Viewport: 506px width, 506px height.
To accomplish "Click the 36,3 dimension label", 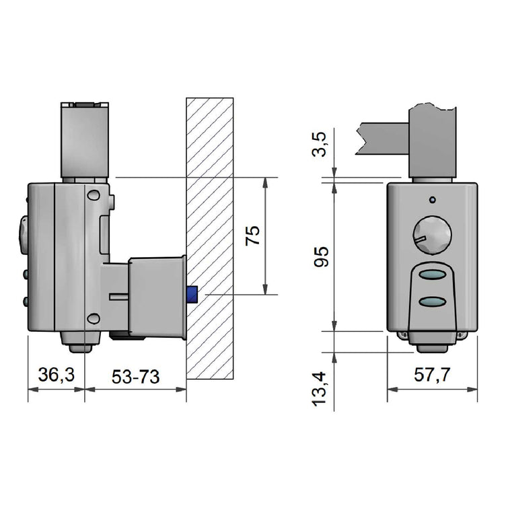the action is [57, 374].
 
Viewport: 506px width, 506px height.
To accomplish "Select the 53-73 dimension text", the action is [135, 377].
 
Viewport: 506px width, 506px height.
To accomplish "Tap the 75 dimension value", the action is [252, 236].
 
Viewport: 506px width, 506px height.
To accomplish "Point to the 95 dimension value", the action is [322, 256].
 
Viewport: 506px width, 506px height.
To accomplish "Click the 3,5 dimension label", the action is [320, 144].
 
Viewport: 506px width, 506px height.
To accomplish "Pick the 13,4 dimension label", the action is [319, 389].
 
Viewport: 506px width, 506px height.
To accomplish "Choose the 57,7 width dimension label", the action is [432, 375].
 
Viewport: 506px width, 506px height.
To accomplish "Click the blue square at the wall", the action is [192, 295].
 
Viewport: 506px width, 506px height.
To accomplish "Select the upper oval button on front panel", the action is [433, 275].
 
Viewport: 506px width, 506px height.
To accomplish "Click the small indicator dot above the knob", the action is [433, 200].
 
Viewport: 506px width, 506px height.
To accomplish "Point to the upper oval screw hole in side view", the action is [94, 195].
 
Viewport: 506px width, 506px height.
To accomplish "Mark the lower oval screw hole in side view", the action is [94, 318].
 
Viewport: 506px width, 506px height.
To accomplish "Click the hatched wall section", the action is [210, 238].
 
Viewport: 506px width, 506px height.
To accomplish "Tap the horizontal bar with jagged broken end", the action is [382, 139].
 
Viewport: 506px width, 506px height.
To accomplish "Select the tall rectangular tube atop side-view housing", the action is [85, 141].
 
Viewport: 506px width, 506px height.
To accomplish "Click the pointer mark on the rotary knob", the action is [420, 239].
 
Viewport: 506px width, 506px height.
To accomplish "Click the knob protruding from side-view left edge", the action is [23, 235].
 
